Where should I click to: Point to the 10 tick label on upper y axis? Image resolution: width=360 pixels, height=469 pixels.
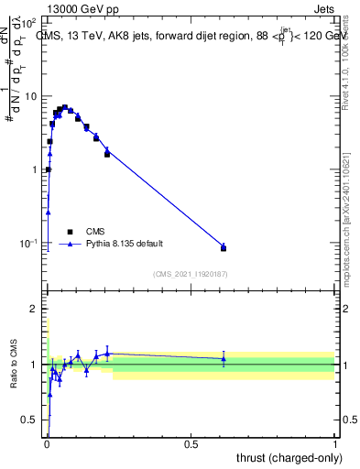click(x=30, y=96)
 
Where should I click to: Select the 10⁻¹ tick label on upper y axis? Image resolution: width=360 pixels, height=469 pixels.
click(x=28, y=243)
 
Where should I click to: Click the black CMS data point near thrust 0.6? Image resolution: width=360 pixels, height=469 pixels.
click(x=224, y=248)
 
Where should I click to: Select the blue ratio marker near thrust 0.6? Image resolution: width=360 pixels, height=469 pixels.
click(x=224, y=358)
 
